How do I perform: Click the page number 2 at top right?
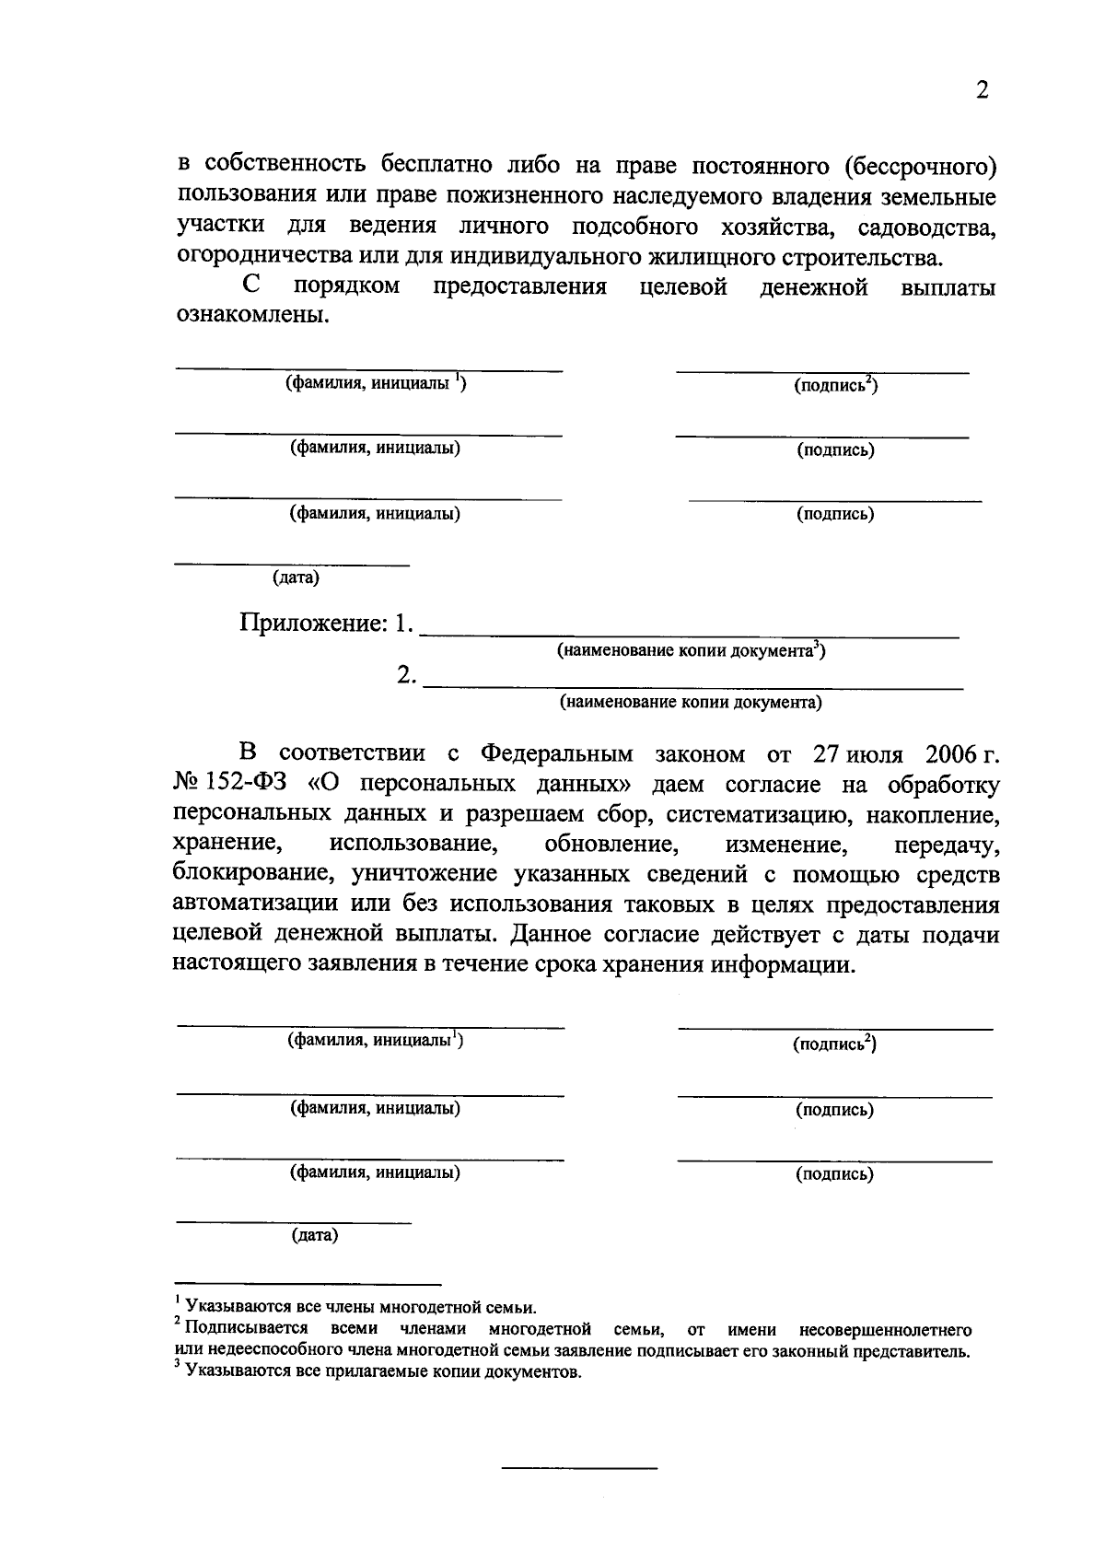[x=982, y=91]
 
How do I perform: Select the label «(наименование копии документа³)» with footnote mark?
[x=691, y=651]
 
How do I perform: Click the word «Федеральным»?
[x=557, y=754]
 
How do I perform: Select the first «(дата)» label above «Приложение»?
[x=296, y=578]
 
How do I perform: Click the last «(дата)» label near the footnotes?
[x=315, y=1236]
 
